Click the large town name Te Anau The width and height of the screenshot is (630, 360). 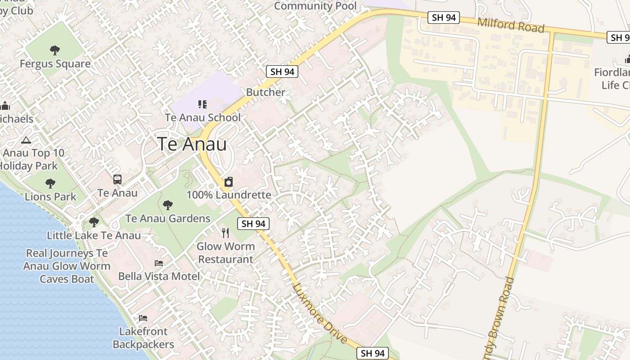click(192, 144)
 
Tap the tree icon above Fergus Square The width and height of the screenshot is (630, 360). click(55, 50)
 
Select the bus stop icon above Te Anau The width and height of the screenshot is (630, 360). click(117, 180)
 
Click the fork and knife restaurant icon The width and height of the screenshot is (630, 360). click(225, 233)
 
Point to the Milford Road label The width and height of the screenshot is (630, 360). click(511, 25)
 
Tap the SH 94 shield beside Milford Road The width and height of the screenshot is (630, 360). click(444, 18)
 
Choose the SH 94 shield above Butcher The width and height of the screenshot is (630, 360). click(282, 71)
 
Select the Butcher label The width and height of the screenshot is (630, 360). click(265, 92)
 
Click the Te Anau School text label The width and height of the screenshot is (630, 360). click(202, 117)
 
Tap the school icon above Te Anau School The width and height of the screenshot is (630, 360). click(202, 104)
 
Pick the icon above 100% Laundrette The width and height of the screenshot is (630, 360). click(229, 182)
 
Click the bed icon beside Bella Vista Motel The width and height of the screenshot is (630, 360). click(159, 263)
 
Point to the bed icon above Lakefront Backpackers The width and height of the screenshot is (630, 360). click(143, 318)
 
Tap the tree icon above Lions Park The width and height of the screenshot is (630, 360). click(50, 184)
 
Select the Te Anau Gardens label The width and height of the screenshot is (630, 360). click(167, 219)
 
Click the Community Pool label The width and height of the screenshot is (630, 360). click(315, 6)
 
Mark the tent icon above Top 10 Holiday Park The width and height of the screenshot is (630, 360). click(26, 140)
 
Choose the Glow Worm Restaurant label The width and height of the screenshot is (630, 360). click(226, 253)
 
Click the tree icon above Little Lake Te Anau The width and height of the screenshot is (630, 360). click(94, 222)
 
